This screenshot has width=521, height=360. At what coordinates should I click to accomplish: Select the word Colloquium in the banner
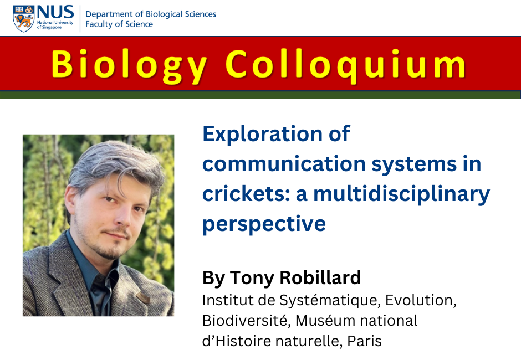(x=346, y=64)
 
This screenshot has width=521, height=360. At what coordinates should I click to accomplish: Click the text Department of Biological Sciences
(x=150, y=14)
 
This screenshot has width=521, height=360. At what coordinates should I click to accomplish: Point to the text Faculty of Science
(x=119, y=24)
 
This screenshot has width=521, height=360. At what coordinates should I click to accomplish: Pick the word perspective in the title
(x=264, y=224)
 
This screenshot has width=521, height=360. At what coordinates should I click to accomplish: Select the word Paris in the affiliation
(x=365, y=341)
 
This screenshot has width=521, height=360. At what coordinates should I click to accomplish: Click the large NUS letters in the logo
(x=55, y=12)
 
